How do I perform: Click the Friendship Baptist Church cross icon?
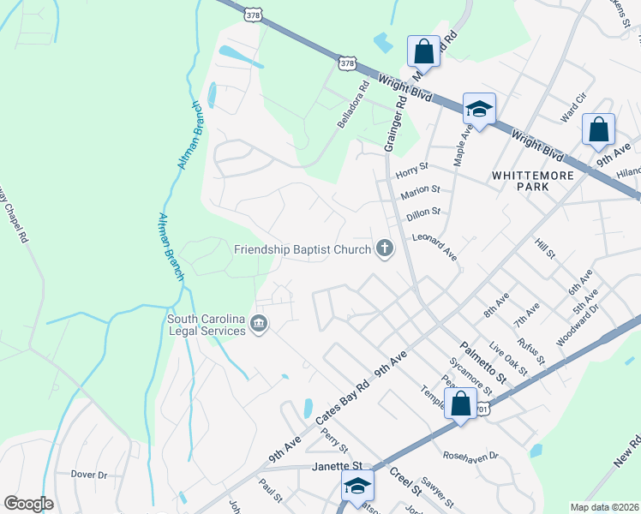click(x=385, y=249)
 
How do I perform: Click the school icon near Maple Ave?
click(x=480, y=110)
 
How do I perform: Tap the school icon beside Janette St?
click(x=357, y=486)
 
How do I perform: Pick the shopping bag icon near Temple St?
click(x=460, y=403)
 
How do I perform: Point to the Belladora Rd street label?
click(x=352, y=104)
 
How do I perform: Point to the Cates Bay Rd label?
click(x=343, y=395)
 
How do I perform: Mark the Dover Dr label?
click(x=89, y=474)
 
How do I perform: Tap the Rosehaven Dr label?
click(x=470, y=456)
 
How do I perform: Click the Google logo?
click(x=28, y=504)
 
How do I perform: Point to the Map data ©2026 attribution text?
click(x=603, y=507)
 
